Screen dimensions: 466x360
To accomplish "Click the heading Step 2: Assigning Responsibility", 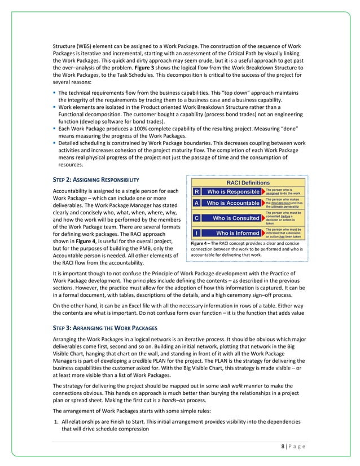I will coord(93,179).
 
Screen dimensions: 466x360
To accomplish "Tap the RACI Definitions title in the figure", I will coord(248,182).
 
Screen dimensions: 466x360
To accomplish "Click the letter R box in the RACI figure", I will coord(196,191).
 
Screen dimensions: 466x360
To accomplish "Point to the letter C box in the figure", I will coord(196,217).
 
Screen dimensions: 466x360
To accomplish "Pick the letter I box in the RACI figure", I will coord(196,232).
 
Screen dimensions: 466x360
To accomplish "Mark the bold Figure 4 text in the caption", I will coord(202,243).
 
